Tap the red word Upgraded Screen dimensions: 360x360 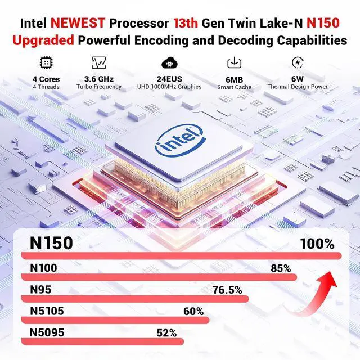[x=43, y=40]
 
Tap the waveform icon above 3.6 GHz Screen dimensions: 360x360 [x=98, y=62]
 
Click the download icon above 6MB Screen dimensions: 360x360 [x=234, y=62]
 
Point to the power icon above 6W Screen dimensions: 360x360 [x=298, y=62]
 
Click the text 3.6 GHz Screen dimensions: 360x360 [x=98, y=79]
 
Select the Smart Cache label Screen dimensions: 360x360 [x=234, y=87]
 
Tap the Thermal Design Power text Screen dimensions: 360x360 [x=298, y=87]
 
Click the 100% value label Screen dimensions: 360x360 [x=317, y=244]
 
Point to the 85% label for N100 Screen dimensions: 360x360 [x=280, y=268]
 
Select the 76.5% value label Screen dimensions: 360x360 [x=227, y=290]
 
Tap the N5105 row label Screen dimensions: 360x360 [x=47, y=311]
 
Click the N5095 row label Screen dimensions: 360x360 [x=47, y=332]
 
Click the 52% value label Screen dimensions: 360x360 [x=166, y=332]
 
